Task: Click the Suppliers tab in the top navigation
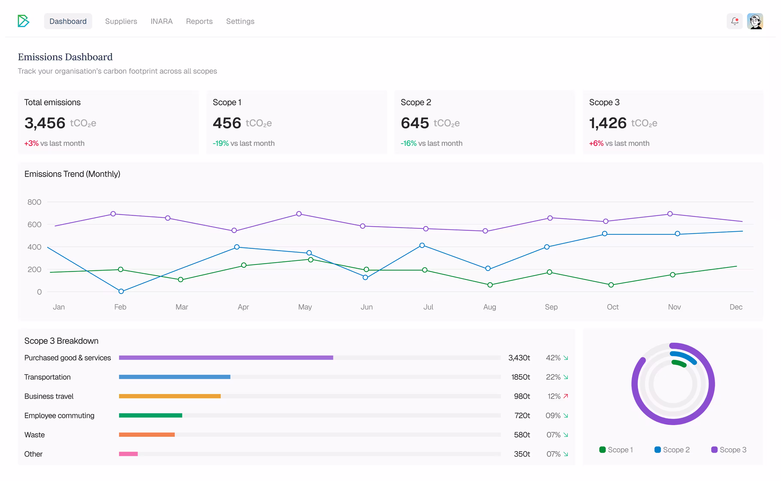click(121, 21)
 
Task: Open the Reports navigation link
click(199, 21)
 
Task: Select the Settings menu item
click(240, 21)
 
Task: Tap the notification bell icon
click(734, 21)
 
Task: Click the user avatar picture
click(755, 21)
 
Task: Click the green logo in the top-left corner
click(23, 21)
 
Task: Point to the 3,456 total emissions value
click(45, 123)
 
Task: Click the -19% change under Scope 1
click(221, 143)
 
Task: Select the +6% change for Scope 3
click(596, 143)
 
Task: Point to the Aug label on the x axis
click(489, 307)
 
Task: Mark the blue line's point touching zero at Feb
click(121, 291)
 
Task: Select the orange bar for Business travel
click(170, 396)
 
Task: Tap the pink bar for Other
click(128, 454)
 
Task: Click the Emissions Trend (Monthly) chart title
click(72, 174)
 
